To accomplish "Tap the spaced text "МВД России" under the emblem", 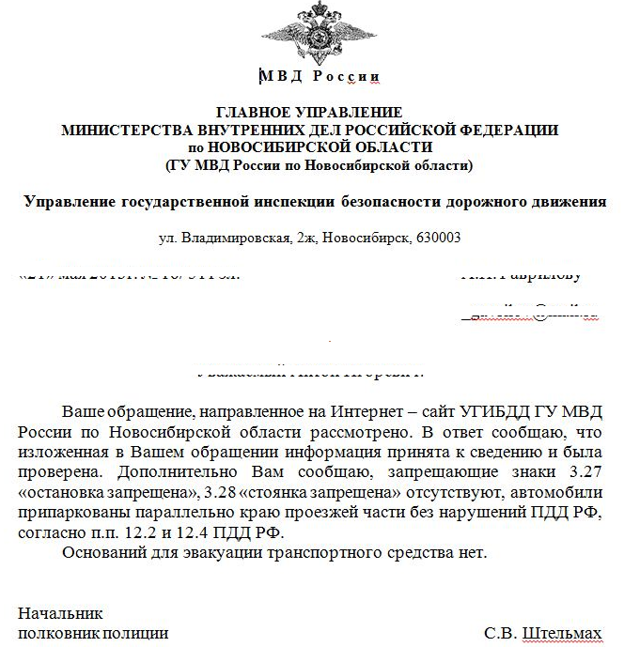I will coord(319,75).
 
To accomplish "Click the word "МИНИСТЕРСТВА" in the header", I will coord(121,131).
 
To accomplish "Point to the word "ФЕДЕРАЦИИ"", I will coord(514,131).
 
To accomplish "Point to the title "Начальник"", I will coord(59,615).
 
